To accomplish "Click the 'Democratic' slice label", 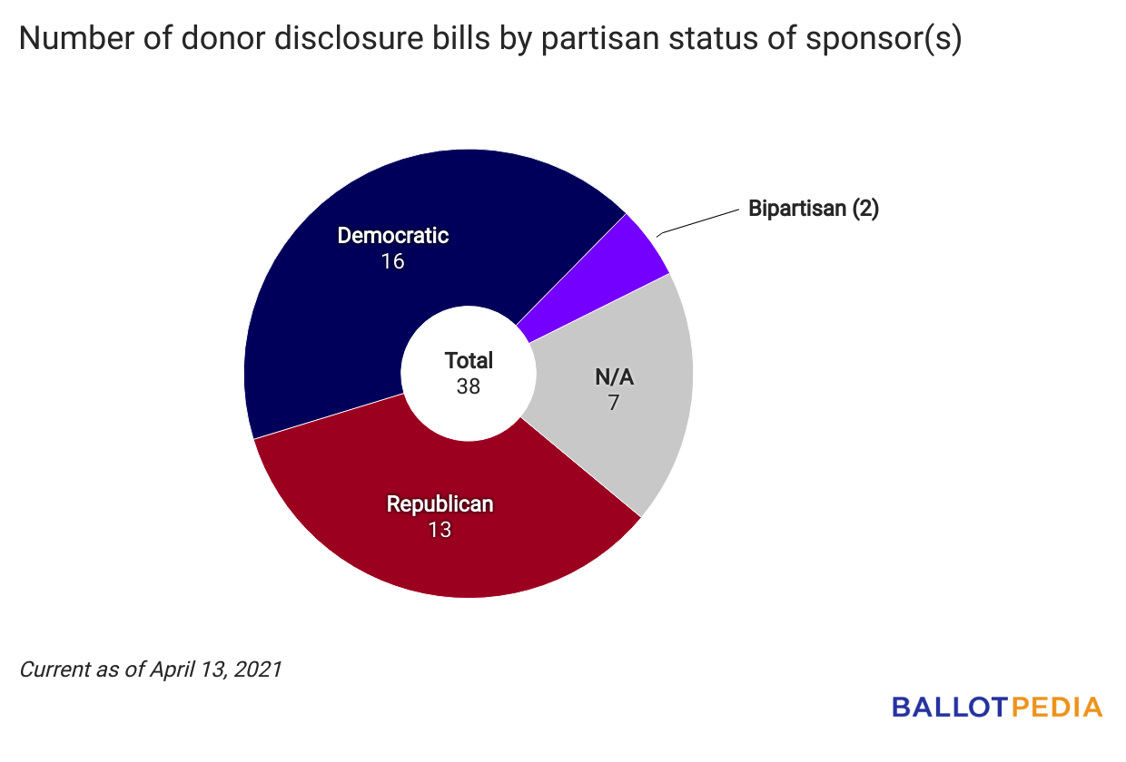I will click(x=393, y=236).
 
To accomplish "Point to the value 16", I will click(x=393, y=261).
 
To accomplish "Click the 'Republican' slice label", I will click(x=440, y=504).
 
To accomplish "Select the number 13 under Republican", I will click(x=440, y=530).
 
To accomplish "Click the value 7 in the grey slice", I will click(x=614, y=402).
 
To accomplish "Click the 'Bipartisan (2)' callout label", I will click(x=814, y=209).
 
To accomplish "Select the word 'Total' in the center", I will click(x=469, y=360).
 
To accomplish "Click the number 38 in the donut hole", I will click(x=469, y=386).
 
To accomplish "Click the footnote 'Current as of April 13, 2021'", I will click(x=151, y=670).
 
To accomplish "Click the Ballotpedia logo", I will click(x=997, y=707).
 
